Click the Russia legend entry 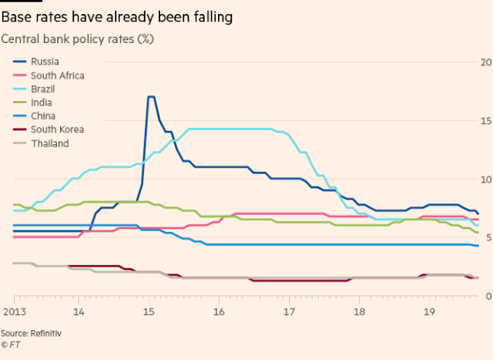(x=45, y=62)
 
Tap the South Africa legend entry (x=57, y=76)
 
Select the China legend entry (x=43, y=116)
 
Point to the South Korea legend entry (x=57, y=130)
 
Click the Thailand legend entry (x=49, y=143)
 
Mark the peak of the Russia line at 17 (x=150, y=97)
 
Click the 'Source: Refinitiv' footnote (x=36, y=332)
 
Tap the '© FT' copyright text (x=13, y=344)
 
